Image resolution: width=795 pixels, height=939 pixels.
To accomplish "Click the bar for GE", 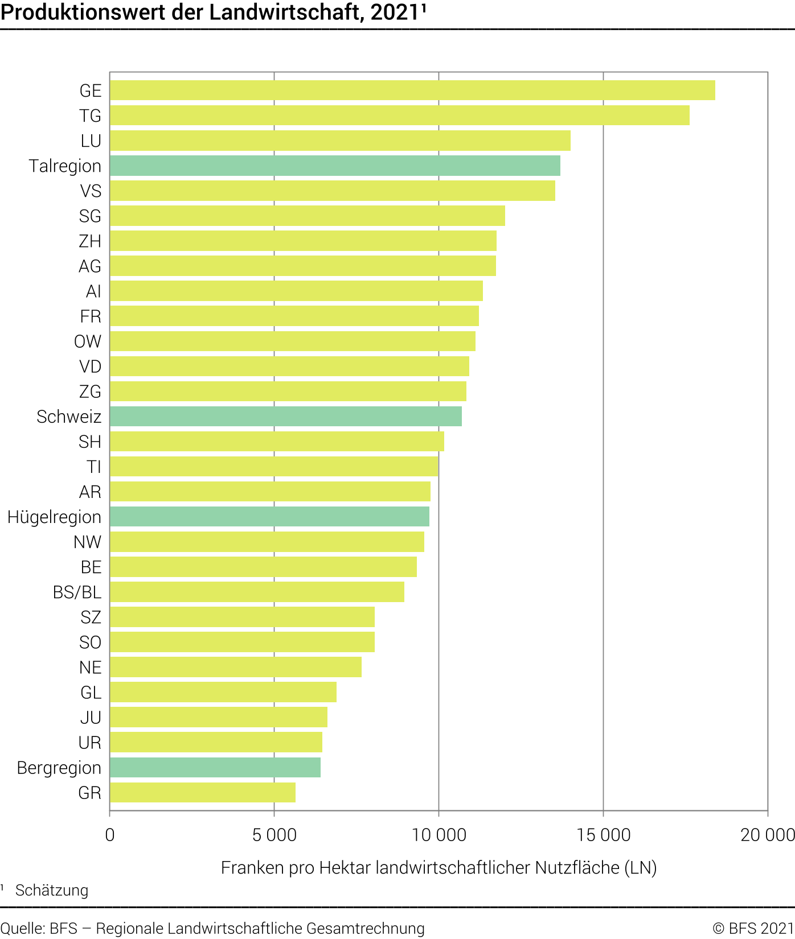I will (412, 90).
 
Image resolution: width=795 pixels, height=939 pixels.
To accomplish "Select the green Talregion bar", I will (335, 166).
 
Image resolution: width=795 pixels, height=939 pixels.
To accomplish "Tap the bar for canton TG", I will (399, 116).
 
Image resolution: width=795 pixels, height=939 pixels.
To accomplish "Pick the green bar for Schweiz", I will (285, 417).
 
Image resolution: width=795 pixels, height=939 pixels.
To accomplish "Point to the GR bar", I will (203, 792).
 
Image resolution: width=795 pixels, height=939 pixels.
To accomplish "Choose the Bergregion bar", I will (215, 767).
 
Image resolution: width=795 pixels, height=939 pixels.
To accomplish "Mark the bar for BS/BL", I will (257, 592).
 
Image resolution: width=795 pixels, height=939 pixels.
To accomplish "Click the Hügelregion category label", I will (54, 517).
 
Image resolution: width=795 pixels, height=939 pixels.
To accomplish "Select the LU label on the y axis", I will (91, 141).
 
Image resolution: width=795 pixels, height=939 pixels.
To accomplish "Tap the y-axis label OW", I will (88, 341).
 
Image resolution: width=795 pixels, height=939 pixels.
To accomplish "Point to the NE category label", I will (90, 667).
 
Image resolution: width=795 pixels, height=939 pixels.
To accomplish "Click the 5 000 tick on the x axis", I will (274, 835).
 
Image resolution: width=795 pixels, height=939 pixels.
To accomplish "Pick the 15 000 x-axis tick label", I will (604, 835).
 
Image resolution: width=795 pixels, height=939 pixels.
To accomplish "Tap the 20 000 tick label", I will (767, 835).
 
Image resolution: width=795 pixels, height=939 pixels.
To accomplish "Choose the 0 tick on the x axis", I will (110, 835).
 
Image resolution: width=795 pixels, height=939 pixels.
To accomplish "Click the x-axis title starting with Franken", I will (439, 867).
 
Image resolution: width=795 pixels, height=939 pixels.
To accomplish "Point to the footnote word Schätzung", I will (52, 890).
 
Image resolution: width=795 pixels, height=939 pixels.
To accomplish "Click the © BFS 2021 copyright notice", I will (753, 928).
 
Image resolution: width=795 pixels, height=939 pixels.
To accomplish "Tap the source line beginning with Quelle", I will (212, 928).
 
